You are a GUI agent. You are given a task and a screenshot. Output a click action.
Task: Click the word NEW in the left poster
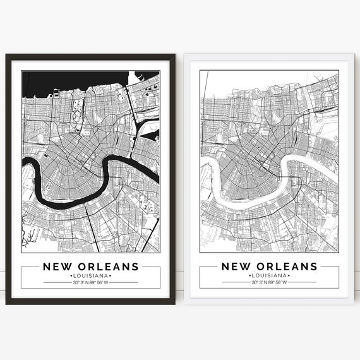[55, 267]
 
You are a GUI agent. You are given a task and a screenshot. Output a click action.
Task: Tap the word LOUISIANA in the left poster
[90, 276]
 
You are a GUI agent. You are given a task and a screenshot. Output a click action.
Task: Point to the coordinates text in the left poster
[90, 283]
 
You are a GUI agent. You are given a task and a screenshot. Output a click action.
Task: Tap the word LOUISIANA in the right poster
[269, 276]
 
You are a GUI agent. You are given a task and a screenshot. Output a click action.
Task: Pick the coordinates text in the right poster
[269, 283]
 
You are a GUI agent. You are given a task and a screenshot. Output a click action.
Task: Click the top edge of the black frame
[90, 57]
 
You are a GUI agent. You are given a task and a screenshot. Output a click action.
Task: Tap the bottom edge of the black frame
[90, 302]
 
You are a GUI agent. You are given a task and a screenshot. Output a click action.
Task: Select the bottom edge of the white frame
[269, 302]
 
